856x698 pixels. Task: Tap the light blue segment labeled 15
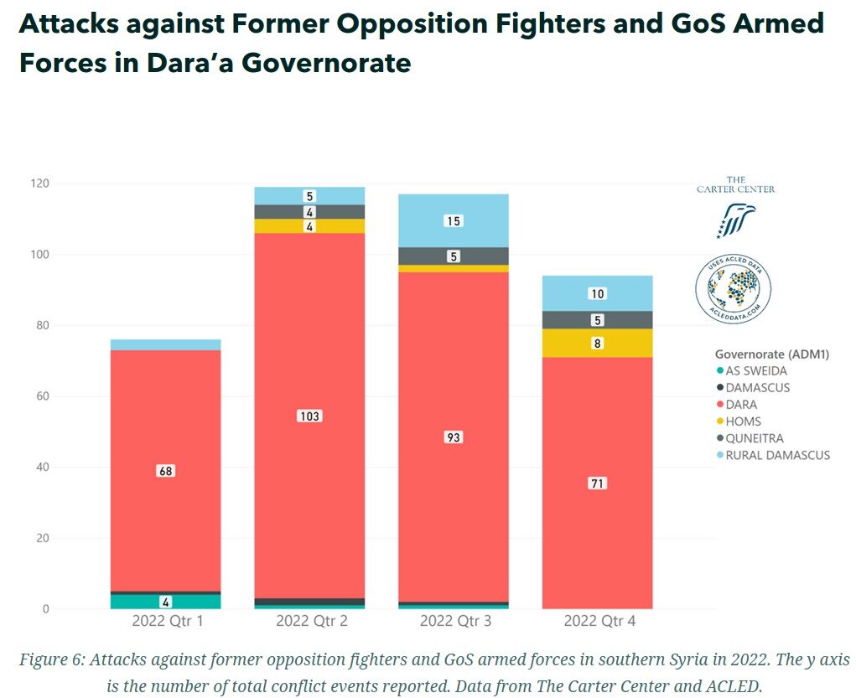pos(454,220)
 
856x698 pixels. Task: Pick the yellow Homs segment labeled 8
pos(597,343)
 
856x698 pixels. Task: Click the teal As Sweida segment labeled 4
pos(165,601)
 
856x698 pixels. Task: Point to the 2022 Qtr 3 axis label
pos(454,621)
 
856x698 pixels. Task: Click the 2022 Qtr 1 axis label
pos(165,621)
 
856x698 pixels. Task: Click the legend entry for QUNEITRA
pos(755,438)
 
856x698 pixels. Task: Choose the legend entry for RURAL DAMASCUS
pos(772,455)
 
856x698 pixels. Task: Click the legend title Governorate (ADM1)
pos(771,354)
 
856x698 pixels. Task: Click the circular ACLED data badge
pos(734,289)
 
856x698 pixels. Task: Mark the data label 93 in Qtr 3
pos(454,437)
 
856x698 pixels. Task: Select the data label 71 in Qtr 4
pos(597,483)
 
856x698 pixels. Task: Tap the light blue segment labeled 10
pos(597,293)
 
